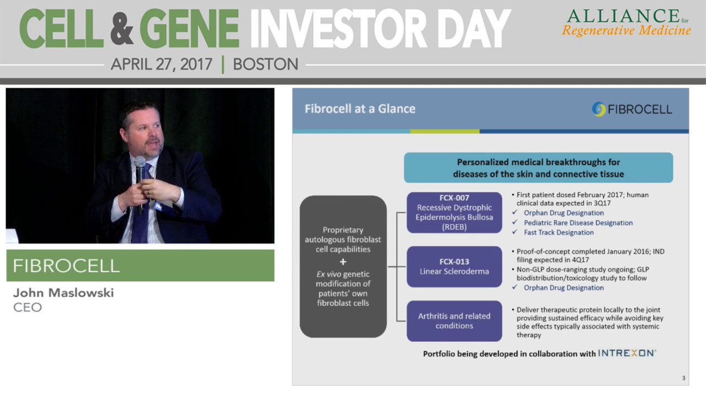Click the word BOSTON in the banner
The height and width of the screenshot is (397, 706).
(265, 65)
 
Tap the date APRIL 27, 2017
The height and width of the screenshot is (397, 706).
(162, 65)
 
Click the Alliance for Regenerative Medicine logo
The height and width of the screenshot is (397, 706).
(626, 23)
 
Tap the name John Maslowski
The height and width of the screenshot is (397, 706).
(63, 293)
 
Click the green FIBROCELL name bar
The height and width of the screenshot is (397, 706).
(140, 266)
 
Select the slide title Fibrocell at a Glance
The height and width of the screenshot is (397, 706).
(360, 109)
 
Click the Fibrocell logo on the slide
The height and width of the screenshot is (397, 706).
(632, 109)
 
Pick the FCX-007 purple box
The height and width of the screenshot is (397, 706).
(454, 212)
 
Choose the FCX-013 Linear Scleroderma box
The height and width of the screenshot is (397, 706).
(454, 266)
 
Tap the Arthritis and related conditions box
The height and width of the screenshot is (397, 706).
(454, 321)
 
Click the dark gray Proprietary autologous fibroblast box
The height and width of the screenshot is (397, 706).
(343, 266)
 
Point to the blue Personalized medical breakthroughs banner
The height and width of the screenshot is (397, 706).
(538, 168)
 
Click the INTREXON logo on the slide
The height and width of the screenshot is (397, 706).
(627, 353)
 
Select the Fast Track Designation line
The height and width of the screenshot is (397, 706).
(558, 233)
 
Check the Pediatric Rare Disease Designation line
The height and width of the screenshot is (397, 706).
(577, 223)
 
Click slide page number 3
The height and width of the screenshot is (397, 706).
(683, 378)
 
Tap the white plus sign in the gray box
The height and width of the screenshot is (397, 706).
(343, 262)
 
